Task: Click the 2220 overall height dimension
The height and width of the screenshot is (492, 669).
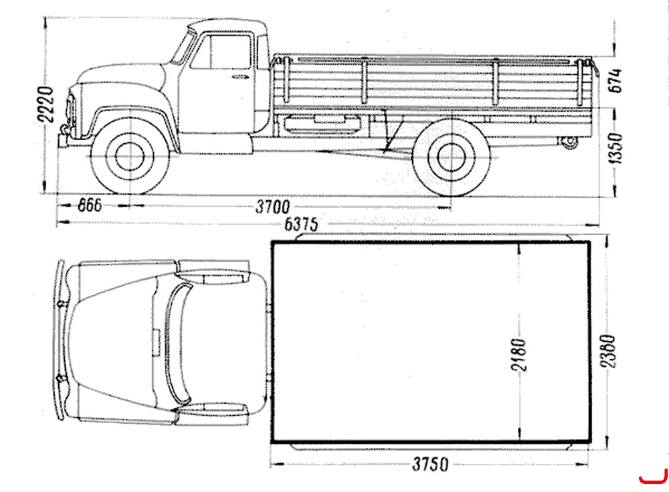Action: click(x=45, y=104)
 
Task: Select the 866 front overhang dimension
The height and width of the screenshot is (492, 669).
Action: click(x=90, y=206)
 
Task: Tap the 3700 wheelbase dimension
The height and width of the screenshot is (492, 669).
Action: click(x=273, y=207)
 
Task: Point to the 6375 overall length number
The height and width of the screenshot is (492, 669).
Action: click(x=301, y=224)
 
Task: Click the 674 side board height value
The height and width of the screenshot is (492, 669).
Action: click(x=615, y=80)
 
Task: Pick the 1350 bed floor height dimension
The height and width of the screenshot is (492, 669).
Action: click(x=615, y=148)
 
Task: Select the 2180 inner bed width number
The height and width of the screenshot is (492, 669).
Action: click(x=519, y=355)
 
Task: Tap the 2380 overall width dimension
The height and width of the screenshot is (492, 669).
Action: click(x=608, y=351)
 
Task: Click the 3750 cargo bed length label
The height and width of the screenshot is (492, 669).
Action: click(x=430, y=465)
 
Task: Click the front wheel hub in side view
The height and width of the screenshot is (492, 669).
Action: click(x=130, y=156)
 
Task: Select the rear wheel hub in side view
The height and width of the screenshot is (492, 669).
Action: click(x=452, y=157)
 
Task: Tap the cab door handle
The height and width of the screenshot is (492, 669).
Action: click(x=241, y=77)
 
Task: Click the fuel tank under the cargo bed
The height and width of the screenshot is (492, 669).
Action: click(x=322, y=125)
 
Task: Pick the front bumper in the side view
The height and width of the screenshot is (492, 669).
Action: click(x=72, y=140)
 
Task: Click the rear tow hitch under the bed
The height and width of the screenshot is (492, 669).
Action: click(x=568, y=142)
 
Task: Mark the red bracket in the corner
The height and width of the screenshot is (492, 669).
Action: click(x=654, y=477)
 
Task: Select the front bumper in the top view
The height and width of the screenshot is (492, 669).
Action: click(x=60, y=339)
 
